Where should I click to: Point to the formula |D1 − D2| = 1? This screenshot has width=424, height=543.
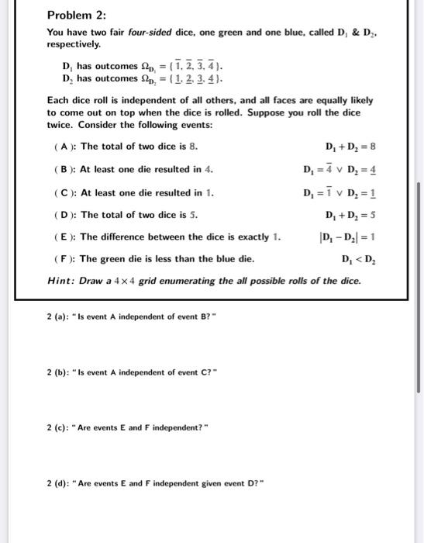pyautogui.click(x=347, y=237)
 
